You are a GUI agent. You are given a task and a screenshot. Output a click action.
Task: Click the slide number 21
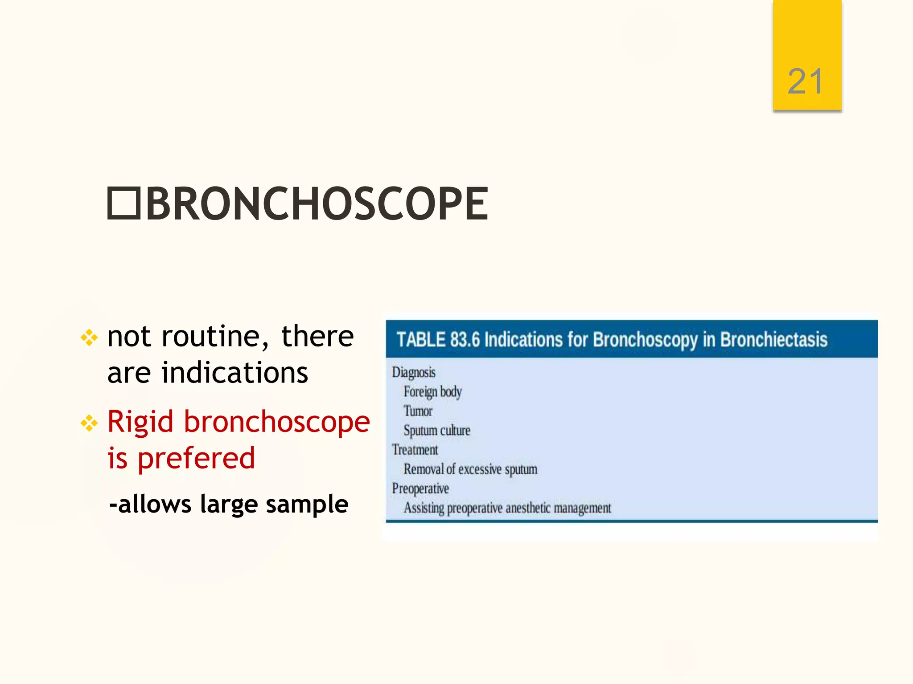tap(805, 82)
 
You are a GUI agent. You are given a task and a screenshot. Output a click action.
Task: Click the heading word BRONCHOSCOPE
tap(317, 204)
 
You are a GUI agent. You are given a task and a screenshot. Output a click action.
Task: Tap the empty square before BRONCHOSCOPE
tap(124, 204)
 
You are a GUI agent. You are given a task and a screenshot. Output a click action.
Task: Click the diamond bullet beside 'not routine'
tap(89, 338)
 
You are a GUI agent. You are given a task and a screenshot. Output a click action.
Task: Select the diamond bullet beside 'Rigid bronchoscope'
tap(89, 423)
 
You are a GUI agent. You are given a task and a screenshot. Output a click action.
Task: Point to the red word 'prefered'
tap(196, 459)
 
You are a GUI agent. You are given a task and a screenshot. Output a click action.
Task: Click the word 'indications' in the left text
tap(234, 373)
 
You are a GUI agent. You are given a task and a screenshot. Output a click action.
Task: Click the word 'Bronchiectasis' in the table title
tap(773, 340)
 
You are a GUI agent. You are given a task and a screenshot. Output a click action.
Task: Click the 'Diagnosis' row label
tap(413, 372)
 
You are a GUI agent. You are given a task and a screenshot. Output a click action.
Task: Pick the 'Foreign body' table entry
tap(432, 392)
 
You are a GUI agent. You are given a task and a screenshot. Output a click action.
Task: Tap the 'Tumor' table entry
tap(418, 411)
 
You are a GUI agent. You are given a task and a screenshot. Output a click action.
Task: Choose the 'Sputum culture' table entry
tap(436, 431)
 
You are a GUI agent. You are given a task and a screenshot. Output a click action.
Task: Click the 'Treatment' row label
tap(415, 450)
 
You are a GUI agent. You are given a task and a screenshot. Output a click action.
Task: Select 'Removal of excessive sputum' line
tap(470, 469)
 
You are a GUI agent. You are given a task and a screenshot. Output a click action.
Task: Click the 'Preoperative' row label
tap(420, 489)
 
